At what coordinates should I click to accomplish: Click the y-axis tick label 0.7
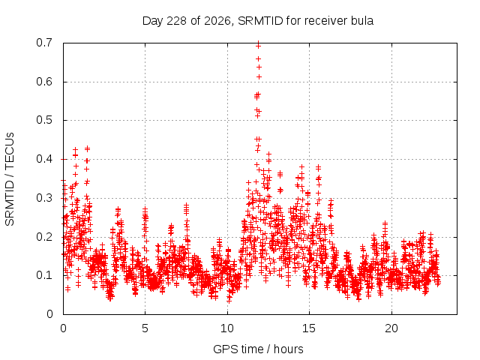tap(44, 43)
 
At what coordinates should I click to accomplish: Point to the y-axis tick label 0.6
tap(44, 82)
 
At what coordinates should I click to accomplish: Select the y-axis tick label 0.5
tap(44, 120)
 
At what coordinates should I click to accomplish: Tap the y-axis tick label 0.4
tap(44, 159)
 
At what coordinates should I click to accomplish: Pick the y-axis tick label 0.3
tap(44, 198)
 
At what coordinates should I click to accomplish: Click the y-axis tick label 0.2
tap(44, 237)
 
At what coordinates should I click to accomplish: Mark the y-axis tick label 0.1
tap(44, 275)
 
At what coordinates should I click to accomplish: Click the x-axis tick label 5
tap(145, 328)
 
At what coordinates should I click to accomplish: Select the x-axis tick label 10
tap(227, 328)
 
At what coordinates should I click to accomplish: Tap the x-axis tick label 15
tap(309, 328)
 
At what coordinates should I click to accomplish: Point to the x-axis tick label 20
tap(391, 328)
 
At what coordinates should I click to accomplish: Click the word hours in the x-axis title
tap(288, 349)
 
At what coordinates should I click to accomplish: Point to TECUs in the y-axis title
tap(10, 150)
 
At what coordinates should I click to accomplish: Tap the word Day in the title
tap(153, 21)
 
